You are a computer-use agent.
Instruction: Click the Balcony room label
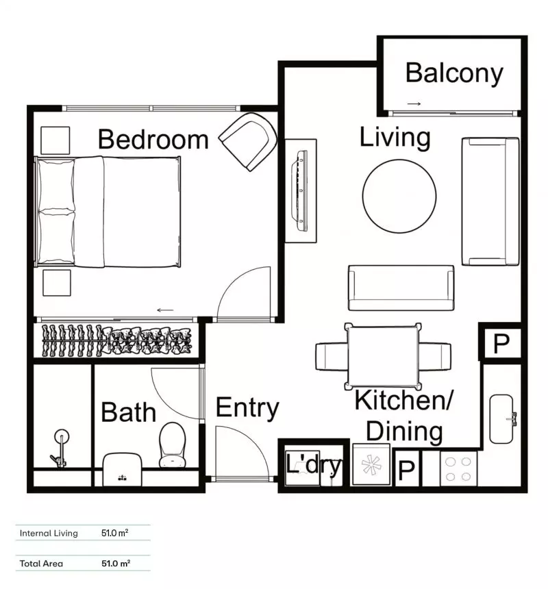click(453, 73)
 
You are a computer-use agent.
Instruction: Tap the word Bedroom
click(153, 139)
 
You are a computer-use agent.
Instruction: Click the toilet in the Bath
click(172, 444)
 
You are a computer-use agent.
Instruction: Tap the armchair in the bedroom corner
click(248, 141)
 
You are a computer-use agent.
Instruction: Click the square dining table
click(383, 355)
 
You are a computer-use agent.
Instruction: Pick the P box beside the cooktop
click(406, 471)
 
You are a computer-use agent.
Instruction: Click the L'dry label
click(313, 466)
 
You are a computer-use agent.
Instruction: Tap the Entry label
click(247, 408)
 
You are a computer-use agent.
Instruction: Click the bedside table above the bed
click(55, 140)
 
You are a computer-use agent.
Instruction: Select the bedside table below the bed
click(56, 283)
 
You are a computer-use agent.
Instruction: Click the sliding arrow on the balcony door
click(413, 104)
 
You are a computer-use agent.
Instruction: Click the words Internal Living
click(49, 533)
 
